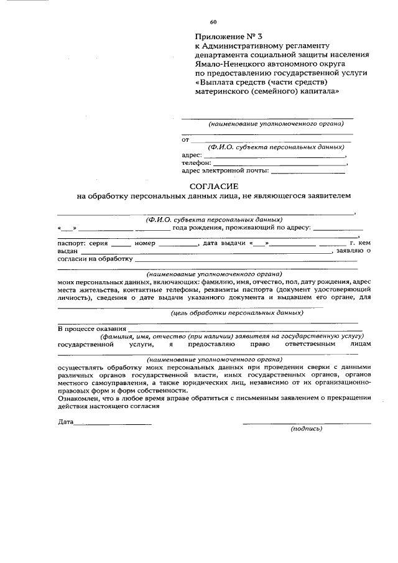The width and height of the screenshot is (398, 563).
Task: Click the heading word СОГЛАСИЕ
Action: coord(213,186)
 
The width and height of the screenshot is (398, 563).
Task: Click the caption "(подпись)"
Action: coord(307,429)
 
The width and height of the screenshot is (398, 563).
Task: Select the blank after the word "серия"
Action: coord(121,243)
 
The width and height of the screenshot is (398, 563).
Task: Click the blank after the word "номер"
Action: coord(177,243)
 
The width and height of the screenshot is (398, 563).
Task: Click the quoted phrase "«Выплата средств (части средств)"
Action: coord(261,81)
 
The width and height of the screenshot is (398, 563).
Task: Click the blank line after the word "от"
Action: coord(270,140)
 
